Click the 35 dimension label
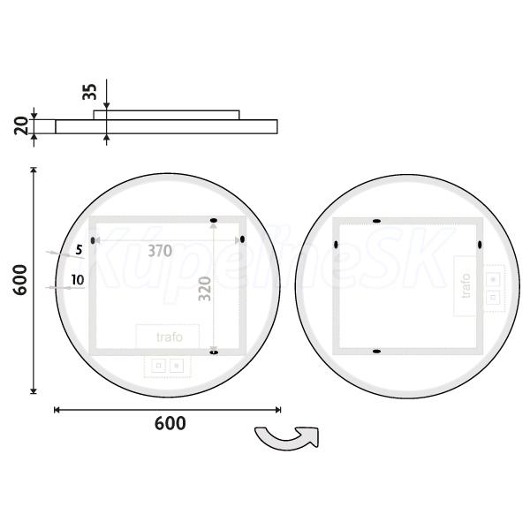[89, 92]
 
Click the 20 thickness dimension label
[21, 125]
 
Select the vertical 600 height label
[20, 280]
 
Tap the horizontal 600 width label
[170, 423]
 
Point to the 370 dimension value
[160, 251]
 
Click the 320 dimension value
[205, 289]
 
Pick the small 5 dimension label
[79, 250]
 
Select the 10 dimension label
[78, 280]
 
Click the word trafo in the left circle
[170, 337]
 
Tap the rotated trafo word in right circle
[466, 286]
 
